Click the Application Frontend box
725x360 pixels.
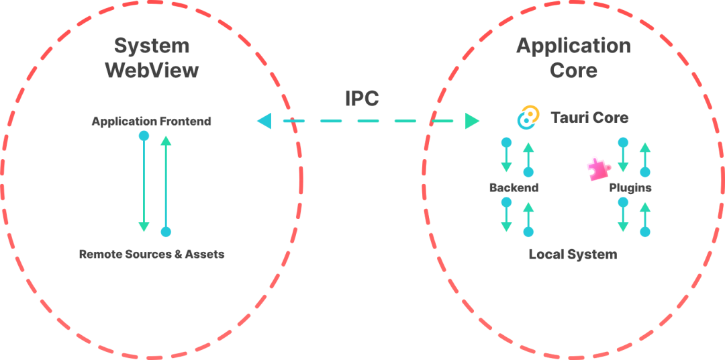pyautogui.click(x=151, y=122)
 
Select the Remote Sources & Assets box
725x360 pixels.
pyautogui.click(x=152, y=254)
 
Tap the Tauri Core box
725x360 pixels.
pyautogui.click(x=573, y=118)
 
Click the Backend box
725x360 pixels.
pyautogui.click(x=514, y=187)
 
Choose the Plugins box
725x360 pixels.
pyautogui.click(x=630, y=187)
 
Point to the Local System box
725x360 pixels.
pyautogui.click(x=573, y=254)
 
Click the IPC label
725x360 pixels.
pyautogui.click(x=362, y=98)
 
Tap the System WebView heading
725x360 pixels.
pyautogui.click(x=152, y=58)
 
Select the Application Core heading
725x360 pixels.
pyautogui.click(x=573, y=58)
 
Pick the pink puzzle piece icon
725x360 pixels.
pyautogui.click(x=595, y=169)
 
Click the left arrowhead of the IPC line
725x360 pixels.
pyautogui.click(x=263, y=122)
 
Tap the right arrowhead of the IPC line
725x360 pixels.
pyautogui.click(x=472, y=122)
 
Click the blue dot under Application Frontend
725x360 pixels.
pyautogui.click(x=144, y=136)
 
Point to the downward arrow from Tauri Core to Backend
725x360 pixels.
pyautogui.click(x=506, y=158)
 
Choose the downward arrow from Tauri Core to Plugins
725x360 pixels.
pyautogui.click(x=623, y=158)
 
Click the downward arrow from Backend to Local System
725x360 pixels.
pyautogui.click(x=506, y=216)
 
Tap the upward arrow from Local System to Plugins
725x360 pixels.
pyautogui.click(x=645, y=216)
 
